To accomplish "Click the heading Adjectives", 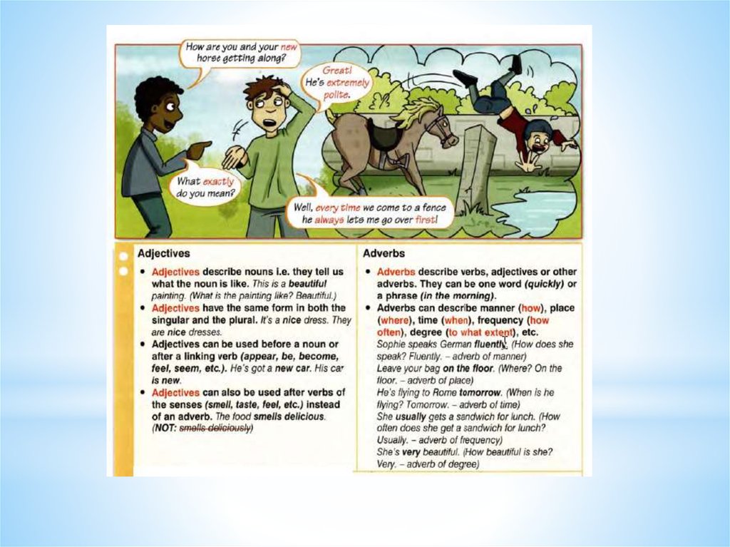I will (163, 253).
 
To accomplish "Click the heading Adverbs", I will (384, 253).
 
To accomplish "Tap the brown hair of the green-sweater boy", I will (262, 88).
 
